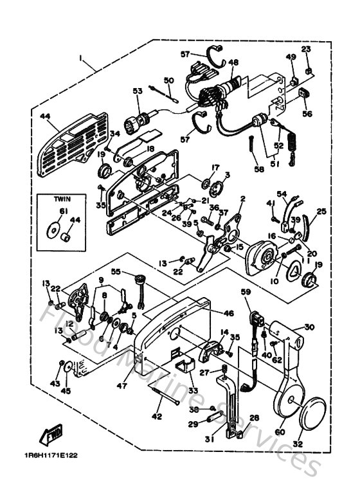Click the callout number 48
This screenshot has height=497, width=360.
pos(233,62)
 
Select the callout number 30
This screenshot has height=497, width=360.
pos(310,327)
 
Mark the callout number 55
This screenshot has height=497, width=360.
pos(116,272)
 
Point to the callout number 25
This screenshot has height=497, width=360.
pos(321,210)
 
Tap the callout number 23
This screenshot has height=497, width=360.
pos(306,49)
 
